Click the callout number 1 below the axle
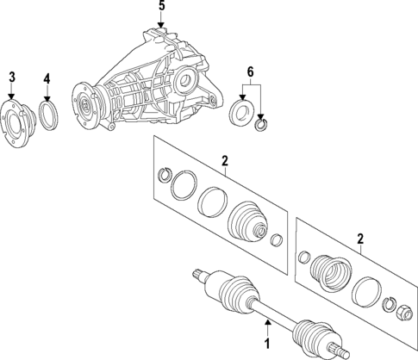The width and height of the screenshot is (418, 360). pyautogui.click(x=266, y=344)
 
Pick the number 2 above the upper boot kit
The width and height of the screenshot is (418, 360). pyautogui.click(x=224, y=160)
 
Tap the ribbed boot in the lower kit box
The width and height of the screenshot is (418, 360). pyautogui.click(x=329, y=274)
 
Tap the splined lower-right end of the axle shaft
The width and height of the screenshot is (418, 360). pyautogui.click(x=338, y=350)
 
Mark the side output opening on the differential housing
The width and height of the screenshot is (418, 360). pyautogui.click(x=184, y=84)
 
